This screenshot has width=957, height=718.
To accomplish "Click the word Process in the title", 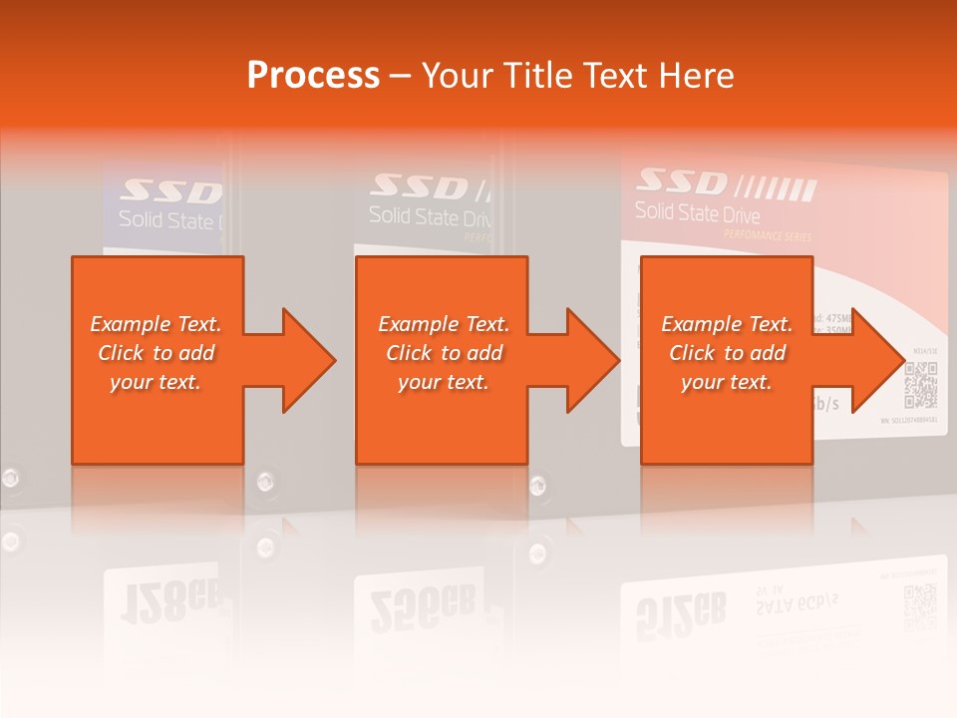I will (x=313, y=76).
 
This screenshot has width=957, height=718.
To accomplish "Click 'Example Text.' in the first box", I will (x=157, y=324).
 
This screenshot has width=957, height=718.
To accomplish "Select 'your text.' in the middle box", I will (x=444, y=382).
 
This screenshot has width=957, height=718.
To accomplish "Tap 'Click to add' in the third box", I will (x=728, y=353).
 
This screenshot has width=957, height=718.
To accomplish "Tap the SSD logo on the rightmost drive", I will (x=685, y=181).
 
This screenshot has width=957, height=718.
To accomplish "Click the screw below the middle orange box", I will (x=537, y=487).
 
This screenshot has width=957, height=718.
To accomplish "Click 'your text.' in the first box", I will (x=157, y=382).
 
